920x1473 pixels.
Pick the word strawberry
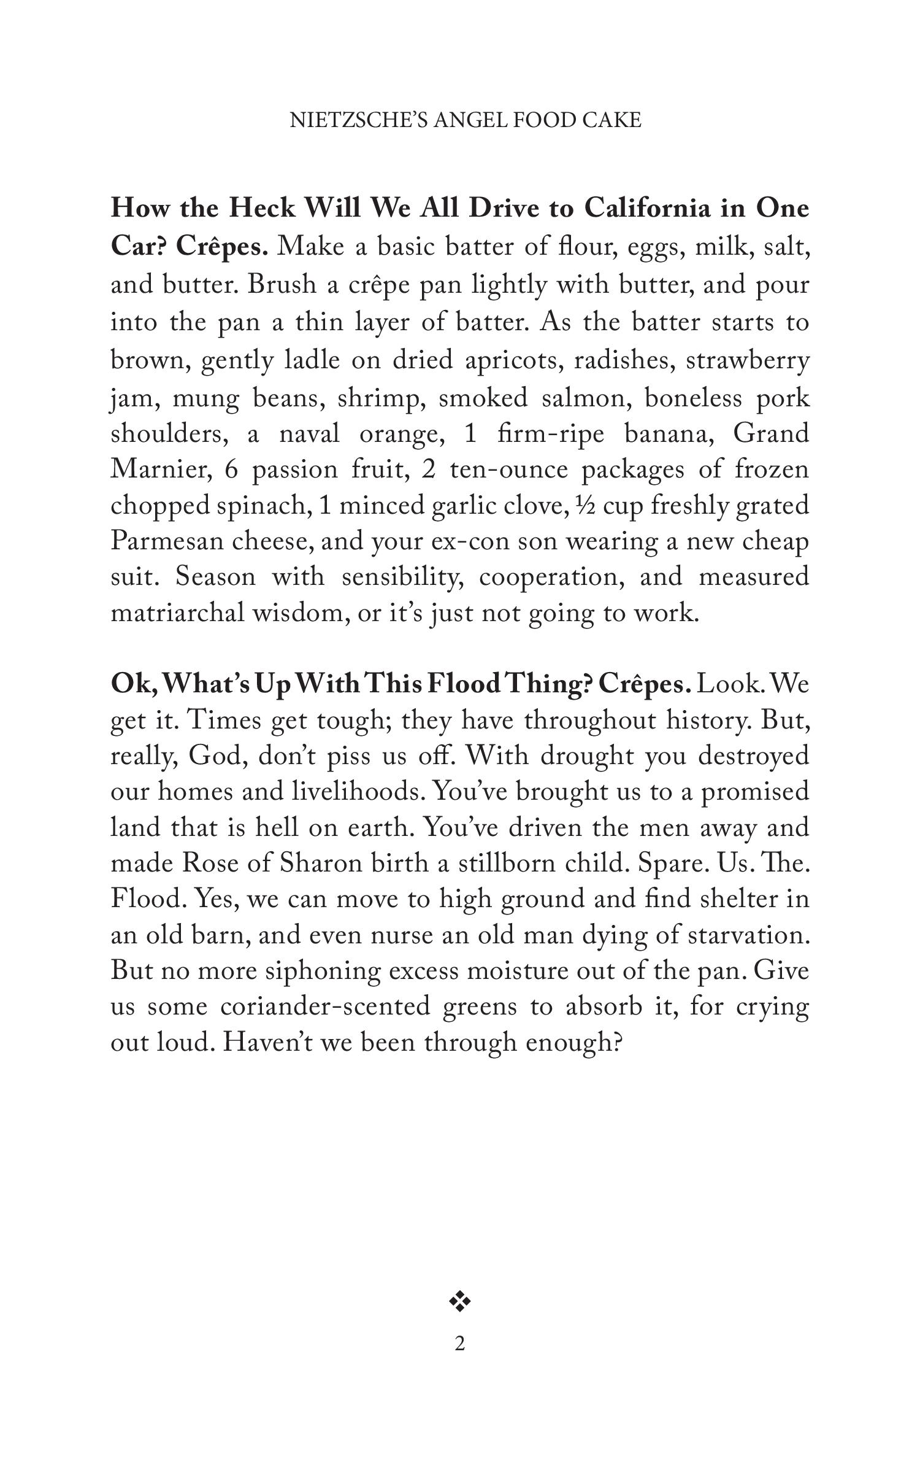[x=748, y=360]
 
